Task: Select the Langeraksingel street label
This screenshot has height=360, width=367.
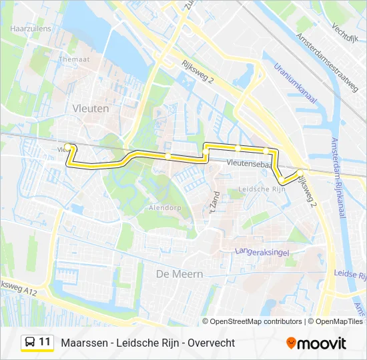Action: pyautogui.click(x=261, y=251)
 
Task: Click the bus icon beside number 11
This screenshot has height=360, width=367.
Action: pyautogui.click(x=30, y=342)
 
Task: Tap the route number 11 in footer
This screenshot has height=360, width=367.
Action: pyautogui.click(x=45, y=342)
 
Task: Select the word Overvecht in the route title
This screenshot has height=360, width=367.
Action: pyautogui.click(x=211, y=343)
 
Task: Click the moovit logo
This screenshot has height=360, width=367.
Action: pyautogui.click(x=316, y=343)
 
